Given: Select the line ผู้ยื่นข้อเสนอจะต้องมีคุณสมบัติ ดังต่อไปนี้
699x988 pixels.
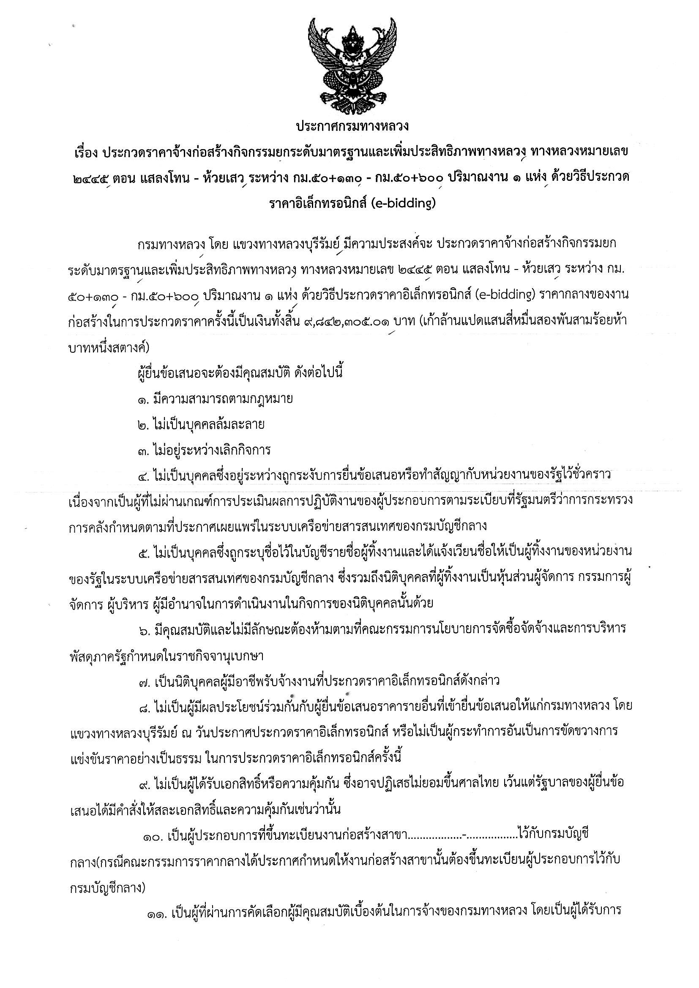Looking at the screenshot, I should click(240, 373).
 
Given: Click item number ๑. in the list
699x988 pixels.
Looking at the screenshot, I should click(143, 399).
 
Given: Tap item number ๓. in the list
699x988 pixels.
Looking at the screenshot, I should click(143, 451).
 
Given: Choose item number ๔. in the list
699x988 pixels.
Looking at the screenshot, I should click(143, 476).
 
